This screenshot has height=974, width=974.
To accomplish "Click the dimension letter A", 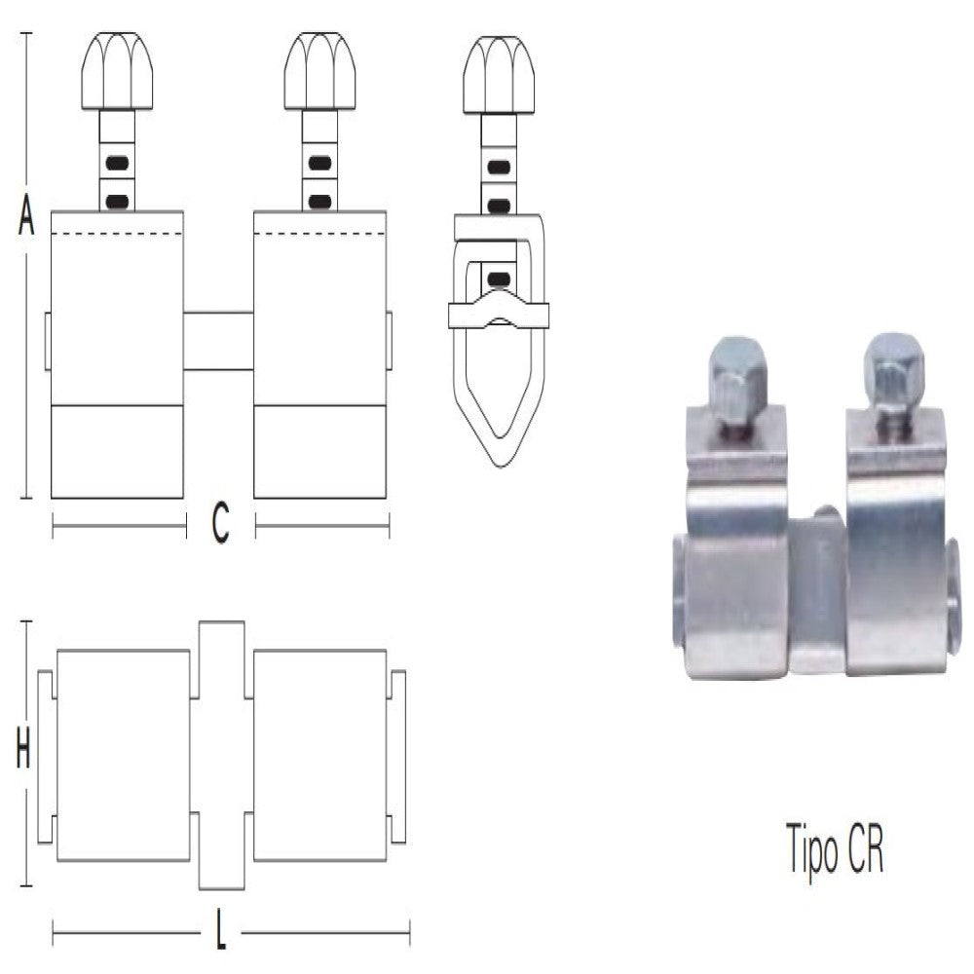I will [x=26, y=216].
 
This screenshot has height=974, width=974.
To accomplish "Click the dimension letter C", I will [x=220, y=526].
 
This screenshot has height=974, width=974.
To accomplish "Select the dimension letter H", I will [x=24, y=752].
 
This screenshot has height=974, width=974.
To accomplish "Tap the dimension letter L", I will [x=221, y=936].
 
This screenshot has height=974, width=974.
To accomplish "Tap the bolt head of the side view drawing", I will [x=498, y=74].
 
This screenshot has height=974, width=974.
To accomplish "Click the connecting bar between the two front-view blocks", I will [x=218, y=340].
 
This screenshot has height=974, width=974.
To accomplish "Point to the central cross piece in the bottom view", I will [x=221, y=754].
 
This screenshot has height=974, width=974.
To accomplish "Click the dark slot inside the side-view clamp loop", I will [x=498, y=279].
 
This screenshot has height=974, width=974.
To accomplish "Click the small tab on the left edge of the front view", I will [x=47, y=341].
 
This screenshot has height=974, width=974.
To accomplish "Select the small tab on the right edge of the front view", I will [x=389, y=341].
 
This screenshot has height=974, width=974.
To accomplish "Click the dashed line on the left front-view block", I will [x=117, y=234].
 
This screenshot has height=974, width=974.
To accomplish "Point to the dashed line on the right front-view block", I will [x=319, y=234].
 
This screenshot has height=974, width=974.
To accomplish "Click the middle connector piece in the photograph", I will [x=816, y=594].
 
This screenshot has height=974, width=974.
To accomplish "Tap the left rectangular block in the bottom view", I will [x=124, y=755].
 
